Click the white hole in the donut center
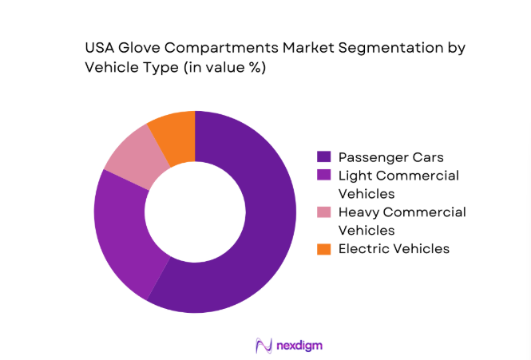195,212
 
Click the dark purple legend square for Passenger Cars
324,156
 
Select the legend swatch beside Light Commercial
324,175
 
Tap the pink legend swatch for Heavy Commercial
324,212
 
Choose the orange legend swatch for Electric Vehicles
324,249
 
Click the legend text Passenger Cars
389,156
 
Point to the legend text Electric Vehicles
394,249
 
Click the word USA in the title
101,48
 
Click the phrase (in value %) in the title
224,68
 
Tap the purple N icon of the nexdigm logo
263,345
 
